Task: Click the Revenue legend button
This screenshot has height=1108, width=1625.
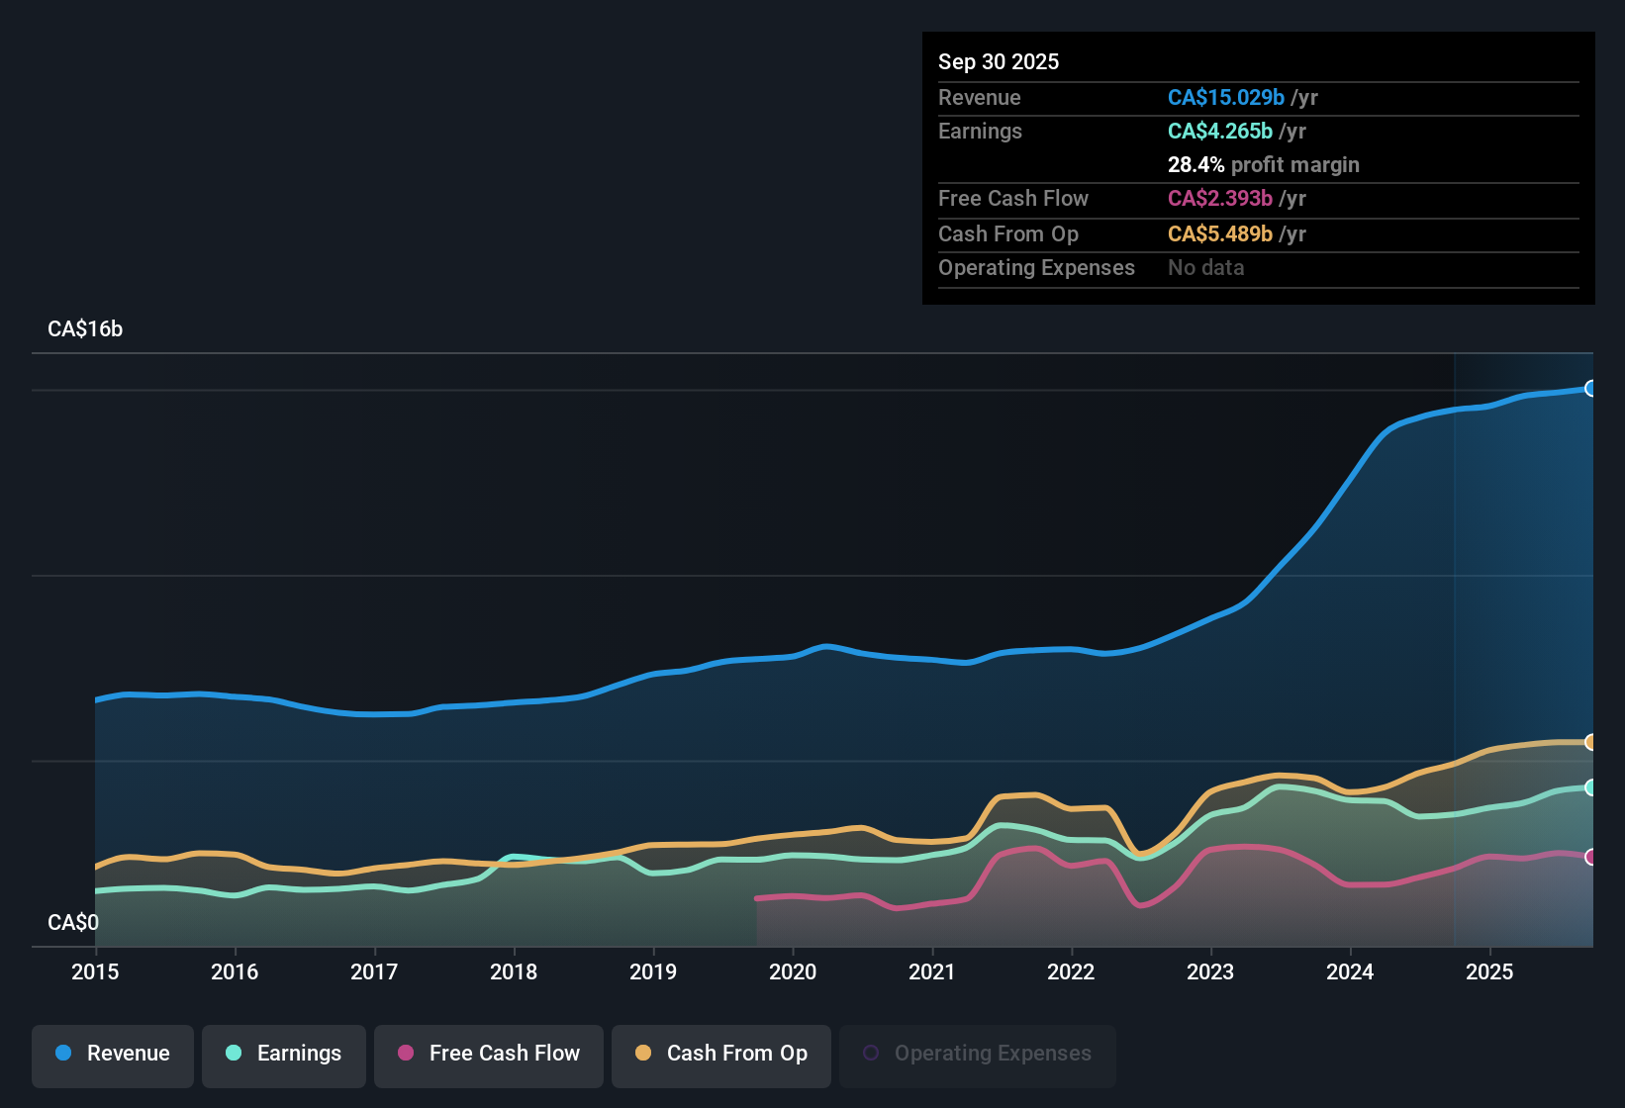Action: (113, 1054)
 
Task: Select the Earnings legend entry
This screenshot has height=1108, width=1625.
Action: (284, 1054)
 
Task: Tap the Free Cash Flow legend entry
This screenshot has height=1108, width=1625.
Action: (489, 1054)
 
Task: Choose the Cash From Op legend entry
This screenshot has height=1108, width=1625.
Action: (721, 1054)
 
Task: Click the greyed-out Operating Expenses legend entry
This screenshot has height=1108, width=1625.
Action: (978, 1054)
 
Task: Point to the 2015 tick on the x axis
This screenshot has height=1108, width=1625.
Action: (95, 971)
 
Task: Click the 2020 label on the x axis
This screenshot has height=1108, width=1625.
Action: (793, 971)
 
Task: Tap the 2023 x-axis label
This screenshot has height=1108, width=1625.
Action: (1210, 971)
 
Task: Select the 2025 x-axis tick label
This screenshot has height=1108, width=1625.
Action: (1489, 971)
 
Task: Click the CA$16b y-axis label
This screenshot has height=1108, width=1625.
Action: (85, 329)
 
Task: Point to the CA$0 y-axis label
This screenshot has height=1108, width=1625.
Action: (73, 923)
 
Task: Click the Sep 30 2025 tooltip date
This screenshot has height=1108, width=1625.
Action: (999, 62)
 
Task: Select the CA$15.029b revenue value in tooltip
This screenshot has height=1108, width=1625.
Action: (1226, 98)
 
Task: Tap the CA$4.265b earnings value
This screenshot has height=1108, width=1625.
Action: (1220, 132)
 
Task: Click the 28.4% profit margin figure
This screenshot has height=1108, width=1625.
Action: (1195, 165)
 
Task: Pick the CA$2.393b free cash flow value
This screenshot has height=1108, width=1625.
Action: (1220, 199)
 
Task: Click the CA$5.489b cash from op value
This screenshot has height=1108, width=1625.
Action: (1220, 234)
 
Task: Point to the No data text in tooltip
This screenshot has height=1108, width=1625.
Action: (1206, 268)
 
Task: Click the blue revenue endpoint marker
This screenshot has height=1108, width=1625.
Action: (1590, 389)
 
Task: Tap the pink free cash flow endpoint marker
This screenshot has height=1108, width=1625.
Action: (1590, 857)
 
